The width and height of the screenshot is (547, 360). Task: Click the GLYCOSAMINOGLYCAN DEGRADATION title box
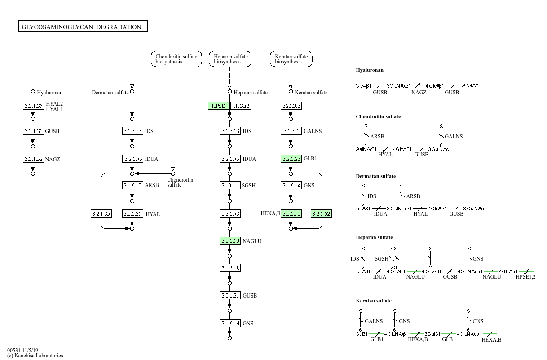click(83, 27)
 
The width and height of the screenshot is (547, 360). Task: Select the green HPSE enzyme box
click(218, 106)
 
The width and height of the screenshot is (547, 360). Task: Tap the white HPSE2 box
click(241, 106)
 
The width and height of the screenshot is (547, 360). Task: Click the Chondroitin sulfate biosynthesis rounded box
click(176, 59)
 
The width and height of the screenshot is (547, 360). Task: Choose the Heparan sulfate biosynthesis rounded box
click(230, 59)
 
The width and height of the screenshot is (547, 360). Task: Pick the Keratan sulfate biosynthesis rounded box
click(291, 59)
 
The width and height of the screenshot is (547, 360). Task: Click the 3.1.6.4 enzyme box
click(291, 131)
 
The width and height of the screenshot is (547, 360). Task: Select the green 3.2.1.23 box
click(291, 159)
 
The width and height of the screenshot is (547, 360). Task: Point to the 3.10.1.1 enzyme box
click(229, 185)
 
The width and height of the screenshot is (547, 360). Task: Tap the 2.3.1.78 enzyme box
click(229, 213)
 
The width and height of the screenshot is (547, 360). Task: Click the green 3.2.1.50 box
click(229, 241)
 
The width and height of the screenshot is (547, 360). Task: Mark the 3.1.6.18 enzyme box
click(229, 268)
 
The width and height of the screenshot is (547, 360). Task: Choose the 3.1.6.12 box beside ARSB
click(132, 185)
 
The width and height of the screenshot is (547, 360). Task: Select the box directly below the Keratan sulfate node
click(291, 106)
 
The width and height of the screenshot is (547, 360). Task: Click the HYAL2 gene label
click(54, 103)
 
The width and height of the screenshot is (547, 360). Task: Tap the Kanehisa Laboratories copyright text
click(35, 356)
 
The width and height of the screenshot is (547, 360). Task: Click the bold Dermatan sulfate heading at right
click(375, 176)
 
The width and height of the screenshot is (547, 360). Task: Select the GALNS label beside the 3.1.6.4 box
click(313, 131)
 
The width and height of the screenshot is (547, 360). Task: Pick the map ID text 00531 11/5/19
click(22, 350)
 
